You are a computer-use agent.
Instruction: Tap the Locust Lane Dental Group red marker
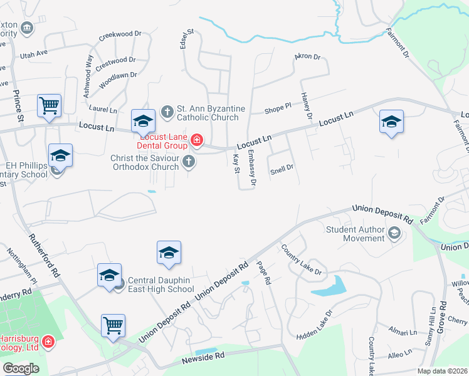(x=197, y=139)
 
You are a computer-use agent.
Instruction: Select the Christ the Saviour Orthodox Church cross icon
(x=188, y=163)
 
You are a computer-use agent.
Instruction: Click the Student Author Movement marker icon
(x=394, y=234)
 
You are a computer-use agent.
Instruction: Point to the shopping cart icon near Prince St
(x=49, y=106)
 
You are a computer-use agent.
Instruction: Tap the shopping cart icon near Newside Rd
(x=113, y=325)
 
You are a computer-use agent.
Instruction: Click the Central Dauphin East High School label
(x=161, y=289)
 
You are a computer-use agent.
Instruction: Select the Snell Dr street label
(x=282, y=168)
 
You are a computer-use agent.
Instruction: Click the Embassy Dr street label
(x=251, y=169)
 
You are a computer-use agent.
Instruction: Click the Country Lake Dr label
(x=301, y=259)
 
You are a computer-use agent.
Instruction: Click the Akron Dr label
(x=307, y=57)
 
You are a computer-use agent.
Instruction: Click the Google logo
(x=21, y=368)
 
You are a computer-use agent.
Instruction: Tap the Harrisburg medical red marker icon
(x=48, y=342)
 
